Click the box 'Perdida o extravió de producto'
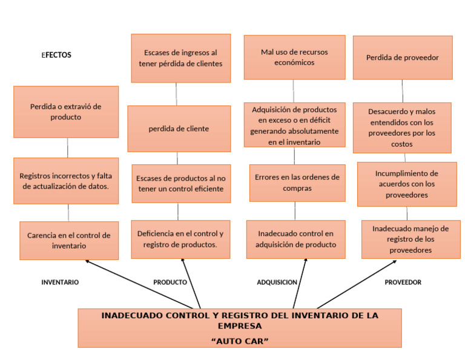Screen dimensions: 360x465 (x=66, y=112)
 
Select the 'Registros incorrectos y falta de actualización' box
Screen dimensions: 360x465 (x=67, y=181)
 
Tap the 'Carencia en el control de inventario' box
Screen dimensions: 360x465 (x=69, y=240)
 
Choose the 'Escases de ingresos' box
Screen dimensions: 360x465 (x=180, y=58)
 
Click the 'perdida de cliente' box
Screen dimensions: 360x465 (x=179, y=128)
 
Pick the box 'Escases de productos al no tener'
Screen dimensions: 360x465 (x=180, y=183)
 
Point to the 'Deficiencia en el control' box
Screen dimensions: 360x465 (x=180, y=239)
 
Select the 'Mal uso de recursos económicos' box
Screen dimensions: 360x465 (x=294, y=57)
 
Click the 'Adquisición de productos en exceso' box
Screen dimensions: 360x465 (x=294, y=125)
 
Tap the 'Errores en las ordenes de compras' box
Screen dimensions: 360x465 (x=297, y=182)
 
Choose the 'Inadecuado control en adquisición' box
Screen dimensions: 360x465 (x=295, y=239)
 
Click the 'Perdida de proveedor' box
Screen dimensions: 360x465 (x=402, y=58)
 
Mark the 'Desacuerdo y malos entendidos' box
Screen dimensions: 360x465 (x=402, y=127)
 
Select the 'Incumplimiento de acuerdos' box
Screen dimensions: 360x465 (x=406, y=184)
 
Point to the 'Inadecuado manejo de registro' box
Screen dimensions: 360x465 (x=411, y=239)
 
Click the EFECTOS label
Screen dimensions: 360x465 (x=56, y=55)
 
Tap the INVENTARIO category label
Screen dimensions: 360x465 (x=60, y=282)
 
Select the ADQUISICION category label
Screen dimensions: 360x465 (x=277, y=282)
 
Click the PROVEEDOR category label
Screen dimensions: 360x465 (x=403, y=282)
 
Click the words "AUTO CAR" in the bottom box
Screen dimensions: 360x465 (x=239, y=341)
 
